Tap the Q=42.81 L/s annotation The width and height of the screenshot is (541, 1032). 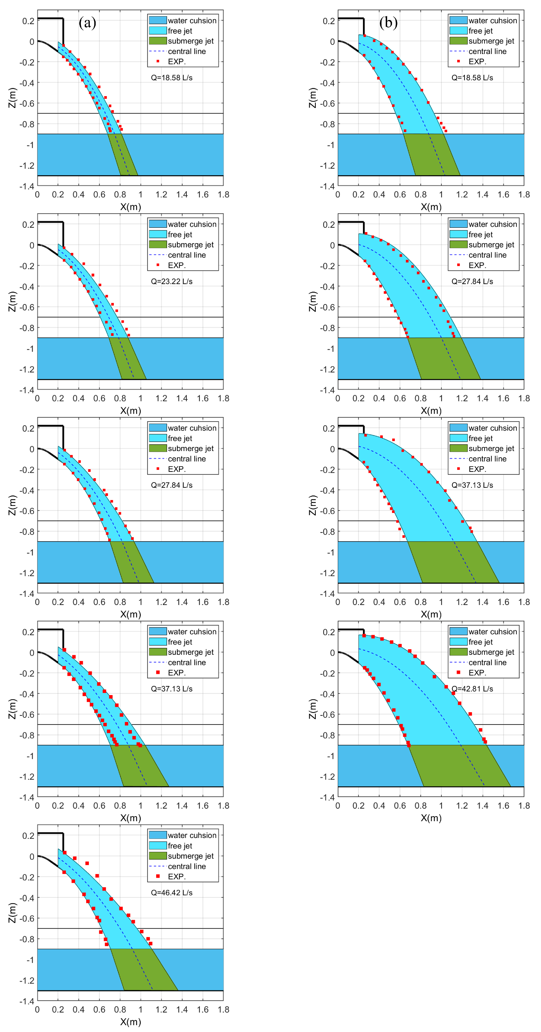click(x=472, y=689)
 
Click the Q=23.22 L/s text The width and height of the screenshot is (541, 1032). click(x=172, y=282)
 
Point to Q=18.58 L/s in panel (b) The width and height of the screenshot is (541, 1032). click(x=472, y=78)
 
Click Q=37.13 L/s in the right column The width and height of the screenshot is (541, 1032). click(x=472, y=485)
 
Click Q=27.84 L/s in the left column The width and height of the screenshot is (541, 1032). click(x=172, y=485)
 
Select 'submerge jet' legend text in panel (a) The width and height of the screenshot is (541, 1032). click(x=190, y=41)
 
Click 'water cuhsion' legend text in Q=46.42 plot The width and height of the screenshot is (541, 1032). click(x=192, y=835)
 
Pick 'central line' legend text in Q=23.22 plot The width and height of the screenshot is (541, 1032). click(x=187, y=255)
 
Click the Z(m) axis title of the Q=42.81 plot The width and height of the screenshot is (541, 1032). click(x=313, y=709)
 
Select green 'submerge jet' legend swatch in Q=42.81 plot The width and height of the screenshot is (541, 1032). click(x=458, y=652)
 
